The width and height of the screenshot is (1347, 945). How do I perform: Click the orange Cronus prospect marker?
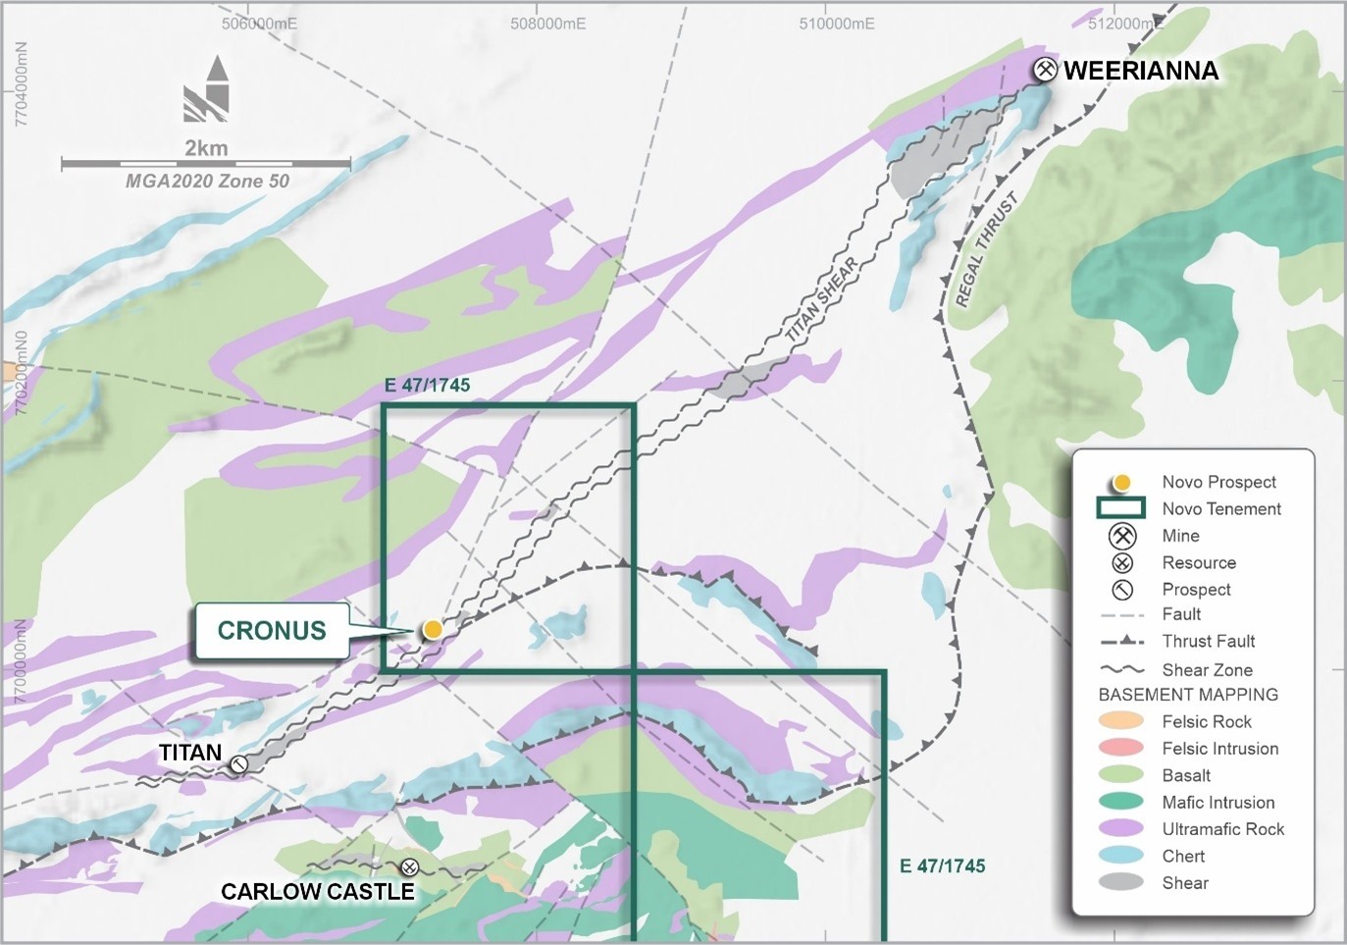pos(433,630)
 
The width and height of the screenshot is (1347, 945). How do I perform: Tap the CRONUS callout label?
pos(272,630)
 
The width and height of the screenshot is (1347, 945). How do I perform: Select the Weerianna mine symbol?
pos(1046,70)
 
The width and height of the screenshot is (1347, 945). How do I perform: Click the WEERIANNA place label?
pos(1141,71)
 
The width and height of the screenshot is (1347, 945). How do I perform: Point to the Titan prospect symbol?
pos(239,763)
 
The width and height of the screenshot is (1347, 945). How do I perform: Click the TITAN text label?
pos(190,753)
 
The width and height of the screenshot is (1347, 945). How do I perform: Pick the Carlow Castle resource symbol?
pos(410,866)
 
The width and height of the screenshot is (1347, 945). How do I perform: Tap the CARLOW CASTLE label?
pos(317,891)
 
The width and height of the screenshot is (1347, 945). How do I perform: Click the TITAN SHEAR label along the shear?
pos(822,299)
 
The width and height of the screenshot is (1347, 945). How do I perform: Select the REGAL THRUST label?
pos(986,249)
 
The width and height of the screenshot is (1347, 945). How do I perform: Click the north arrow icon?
pos(207,89)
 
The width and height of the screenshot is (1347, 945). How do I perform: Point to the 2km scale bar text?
pos(206,148)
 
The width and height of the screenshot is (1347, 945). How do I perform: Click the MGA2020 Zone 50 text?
pos(207,181)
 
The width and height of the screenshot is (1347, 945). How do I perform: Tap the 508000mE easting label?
pos(547,24)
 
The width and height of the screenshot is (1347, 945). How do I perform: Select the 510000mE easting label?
pos(836,24)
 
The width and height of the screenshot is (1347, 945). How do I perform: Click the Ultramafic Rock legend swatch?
pos(1121,829)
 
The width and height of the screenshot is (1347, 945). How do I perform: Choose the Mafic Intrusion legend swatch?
pos(1121,802)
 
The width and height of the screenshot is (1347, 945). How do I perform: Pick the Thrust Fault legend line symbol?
pos(1121,642)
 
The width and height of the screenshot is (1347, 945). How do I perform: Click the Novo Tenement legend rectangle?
pos(1121,508)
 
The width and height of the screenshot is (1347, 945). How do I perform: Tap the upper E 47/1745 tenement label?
pos(427,385)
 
